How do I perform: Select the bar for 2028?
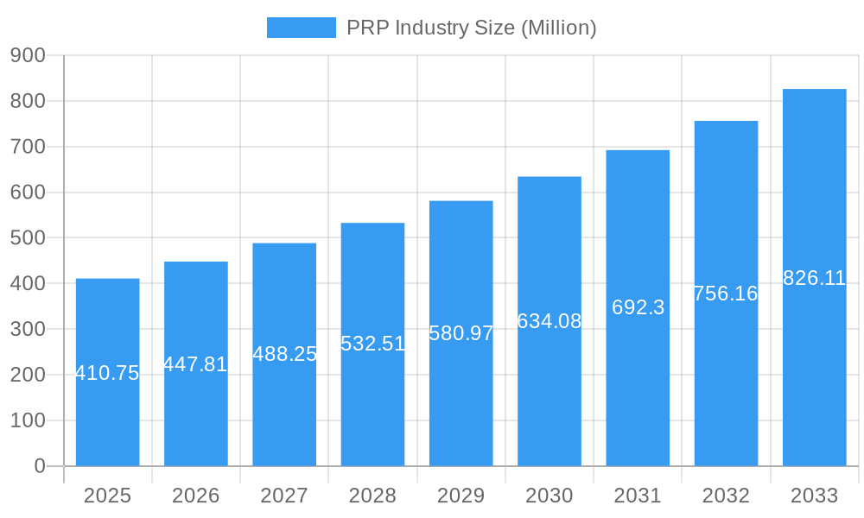[x=372, y=397]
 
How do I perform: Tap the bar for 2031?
[x=638, y=380]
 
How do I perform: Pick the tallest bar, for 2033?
[x=814, y=363]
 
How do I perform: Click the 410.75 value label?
[x=107, y=374]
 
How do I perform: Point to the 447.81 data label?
[x=195, y=364]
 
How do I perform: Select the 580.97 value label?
[x=461, y=333]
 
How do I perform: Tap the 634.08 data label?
[x=550, y=321]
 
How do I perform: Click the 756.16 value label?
[x=726, y=294]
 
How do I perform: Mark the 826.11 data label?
[x=814, y=278]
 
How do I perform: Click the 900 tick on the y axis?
[x=28, y=55]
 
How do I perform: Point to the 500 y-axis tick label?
[x=28, y=238]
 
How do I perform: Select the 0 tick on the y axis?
[x=40, y=466]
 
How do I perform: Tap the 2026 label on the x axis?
[x=195, y=496]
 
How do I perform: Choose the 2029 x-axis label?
[x=461, y=496]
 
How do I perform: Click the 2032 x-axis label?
[x=726, y=496]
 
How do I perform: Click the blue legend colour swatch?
[x=301, y=28]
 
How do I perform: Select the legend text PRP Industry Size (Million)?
[x=471, y=28]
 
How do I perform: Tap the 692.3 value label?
[x=638, y=307]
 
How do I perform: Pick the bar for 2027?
[x=284, y=406]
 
